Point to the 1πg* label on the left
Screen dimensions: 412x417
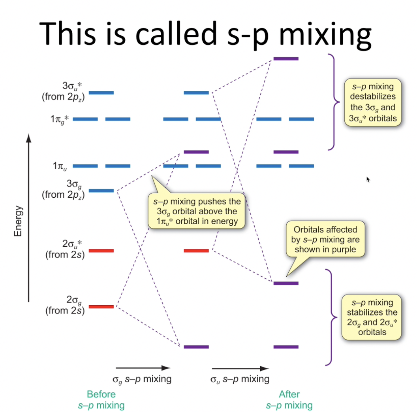[x=60, y=119]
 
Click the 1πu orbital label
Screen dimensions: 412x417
[x=60, y=166]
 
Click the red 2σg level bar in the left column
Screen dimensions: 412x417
[x=101, y=306]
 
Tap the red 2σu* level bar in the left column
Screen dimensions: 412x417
[x=101, y=251]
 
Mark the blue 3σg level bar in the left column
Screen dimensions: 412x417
[x=101, y=191]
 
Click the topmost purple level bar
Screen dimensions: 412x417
[x=286, y=59]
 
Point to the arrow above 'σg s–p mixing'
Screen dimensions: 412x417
[x=143, y=368]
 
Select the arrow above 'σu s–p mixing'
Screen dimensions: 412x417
[x=240, y=368]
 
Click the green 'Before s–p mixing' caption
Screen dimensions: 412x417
[x=101, y=399]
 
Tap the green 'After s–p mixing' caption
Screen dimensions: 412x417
[x=289, y=399]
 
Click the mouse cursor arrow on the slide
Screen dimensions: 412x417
[x=368, y=180]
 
